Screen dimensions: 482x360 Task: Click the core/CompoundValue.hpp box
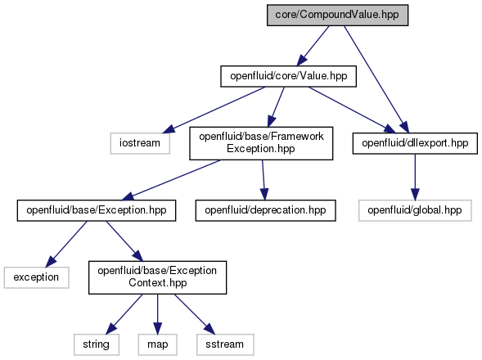[x=337, y=15]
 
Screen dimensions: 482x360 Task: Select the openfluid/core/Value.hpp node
[x=288, y=76]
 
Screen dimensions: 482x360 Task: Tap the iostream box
[x=140, y=143]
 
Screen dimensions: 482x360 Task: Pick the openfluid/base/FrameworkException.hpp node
[x=261, y=143]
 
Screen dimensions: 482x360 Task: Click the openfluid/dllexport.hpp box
[x=415, y=143]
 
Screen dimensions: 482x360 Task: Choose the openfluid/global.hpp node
[x=415, y=210]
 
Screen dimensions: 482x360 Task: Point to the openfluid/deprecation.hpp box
[x=265, y=210]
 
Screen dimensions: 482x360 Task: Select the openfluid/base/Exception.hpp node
[x=97, y=210]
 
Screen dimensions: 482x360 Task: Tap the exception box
[x=36, y=277]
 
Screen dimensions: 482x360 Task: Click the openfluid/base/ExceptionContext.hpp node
[x=157, y=277]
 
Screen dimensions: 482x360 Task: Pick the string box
[x=97, y=344]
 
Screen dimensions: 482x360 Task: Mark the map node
[x=157, y=344]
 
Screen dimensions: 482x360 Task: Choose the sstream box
[x=225, y=344]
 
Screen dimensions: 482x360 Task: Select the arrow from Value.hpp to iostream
[x=214, y=110]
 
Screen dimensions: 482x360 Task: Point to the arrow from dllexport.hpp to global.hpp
[x=415, y=177]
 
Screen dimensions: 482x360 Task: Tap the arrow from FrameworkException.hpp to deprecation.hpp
[x=264, y=180]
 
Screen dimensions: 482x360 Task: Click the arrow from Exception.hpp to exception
[x=66, y=244]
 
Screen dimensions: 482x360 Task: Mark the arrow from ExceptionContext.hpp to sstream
[x=195, y=314]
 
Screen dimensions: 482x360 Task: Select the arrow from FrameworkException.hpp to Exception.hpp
[x=171, y=180]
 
